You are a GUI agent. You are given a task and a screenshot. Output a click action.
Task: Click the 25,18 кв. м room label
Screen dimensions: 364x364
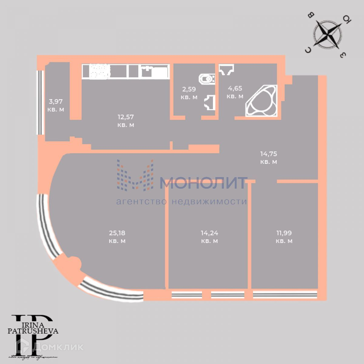(x=117, y=237)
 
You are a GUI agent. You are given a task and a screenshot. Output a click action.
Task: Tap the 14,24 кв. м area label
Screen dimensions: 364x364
(x=209, y=237)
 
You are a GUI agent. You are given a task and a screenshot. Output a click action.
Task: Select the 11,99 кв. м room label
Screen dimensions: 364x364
(x=284, y=237)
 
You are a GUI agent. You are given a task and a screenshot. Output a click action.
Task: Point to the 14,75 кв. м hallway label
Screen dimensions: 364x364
(x=268, y=158)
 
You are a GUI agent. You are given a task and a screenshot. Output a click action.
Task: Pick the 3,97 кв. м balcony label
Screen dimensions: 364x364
(x=56, y=105)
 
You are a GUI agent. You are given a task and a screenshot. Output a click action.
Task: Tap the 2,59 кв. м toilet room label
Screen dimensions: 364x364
(x=189, y=93)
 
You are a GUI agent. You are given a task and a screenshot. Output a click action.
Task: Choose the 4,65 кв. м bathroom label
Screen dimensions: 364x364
(x=235, y=92)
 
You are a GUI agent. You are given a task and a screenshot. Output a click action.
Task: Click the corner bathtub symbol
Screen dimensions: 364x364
(x=261, y=101)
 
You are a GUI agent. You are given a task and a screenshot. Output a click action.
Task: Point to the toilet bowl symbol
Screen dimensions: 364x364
(x=206, y=79)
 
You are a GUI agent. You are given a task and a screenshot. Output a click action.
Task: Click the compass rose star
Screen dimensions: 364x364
(x=327, y=34)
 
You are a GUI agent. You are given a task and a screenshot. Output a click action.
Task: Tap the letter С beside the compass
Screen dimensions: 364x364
(x=308, y=50)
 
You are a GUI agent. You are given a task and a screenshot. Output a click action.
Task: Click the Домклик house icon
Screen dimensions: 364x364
(x=23, y=346)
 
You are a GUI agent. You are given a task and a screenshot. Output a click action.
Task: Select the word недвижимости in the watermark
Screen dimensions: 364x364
(x=209, y=202)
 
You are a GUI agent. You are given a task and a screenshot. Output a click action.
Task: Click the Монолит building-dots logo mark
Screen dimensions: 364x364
(x=135, y=175)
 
